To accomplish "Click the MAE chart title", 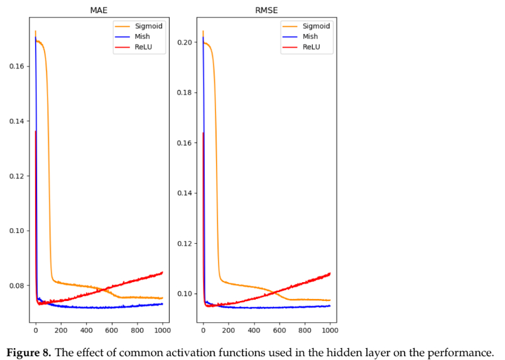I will (99, 9).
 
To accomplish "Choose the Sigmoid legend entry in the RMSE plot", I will (316, 26).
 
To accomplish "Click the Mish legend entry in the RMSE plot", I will (311, 36).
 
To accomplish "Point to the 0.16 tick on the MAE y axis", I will (16, 67).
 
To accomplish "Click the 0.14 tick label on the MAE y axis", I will (16, 121).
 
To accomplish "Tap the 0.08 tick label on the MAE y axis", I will (16, 286).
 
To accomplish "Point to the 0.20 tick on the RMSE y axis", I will (183, 43).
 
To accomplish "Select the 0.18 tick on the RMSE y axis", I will (183, 93).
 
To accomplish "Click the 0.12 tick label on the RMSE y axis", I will (183, 244).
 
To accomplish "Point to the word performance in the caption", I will (463, 351).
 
